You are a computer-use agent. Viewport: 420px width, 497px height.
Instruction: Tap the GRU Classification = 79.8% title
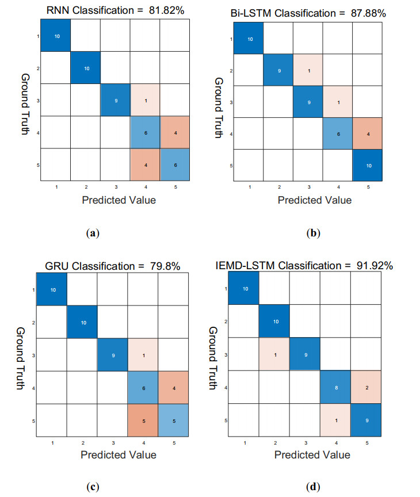(113, 266)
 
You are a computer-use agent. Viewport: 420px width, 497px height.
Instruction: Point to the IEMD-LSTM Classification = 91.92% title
(314, 266)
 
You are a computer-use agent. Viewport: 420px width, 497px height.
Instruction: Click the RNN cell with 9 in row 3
(116, 100)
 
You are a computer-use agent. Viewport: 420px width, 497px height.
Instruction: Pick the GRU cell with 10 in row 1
(52, 289)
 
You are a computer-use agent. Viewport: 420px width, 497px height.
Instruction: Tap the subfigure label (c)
(92, 487)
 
